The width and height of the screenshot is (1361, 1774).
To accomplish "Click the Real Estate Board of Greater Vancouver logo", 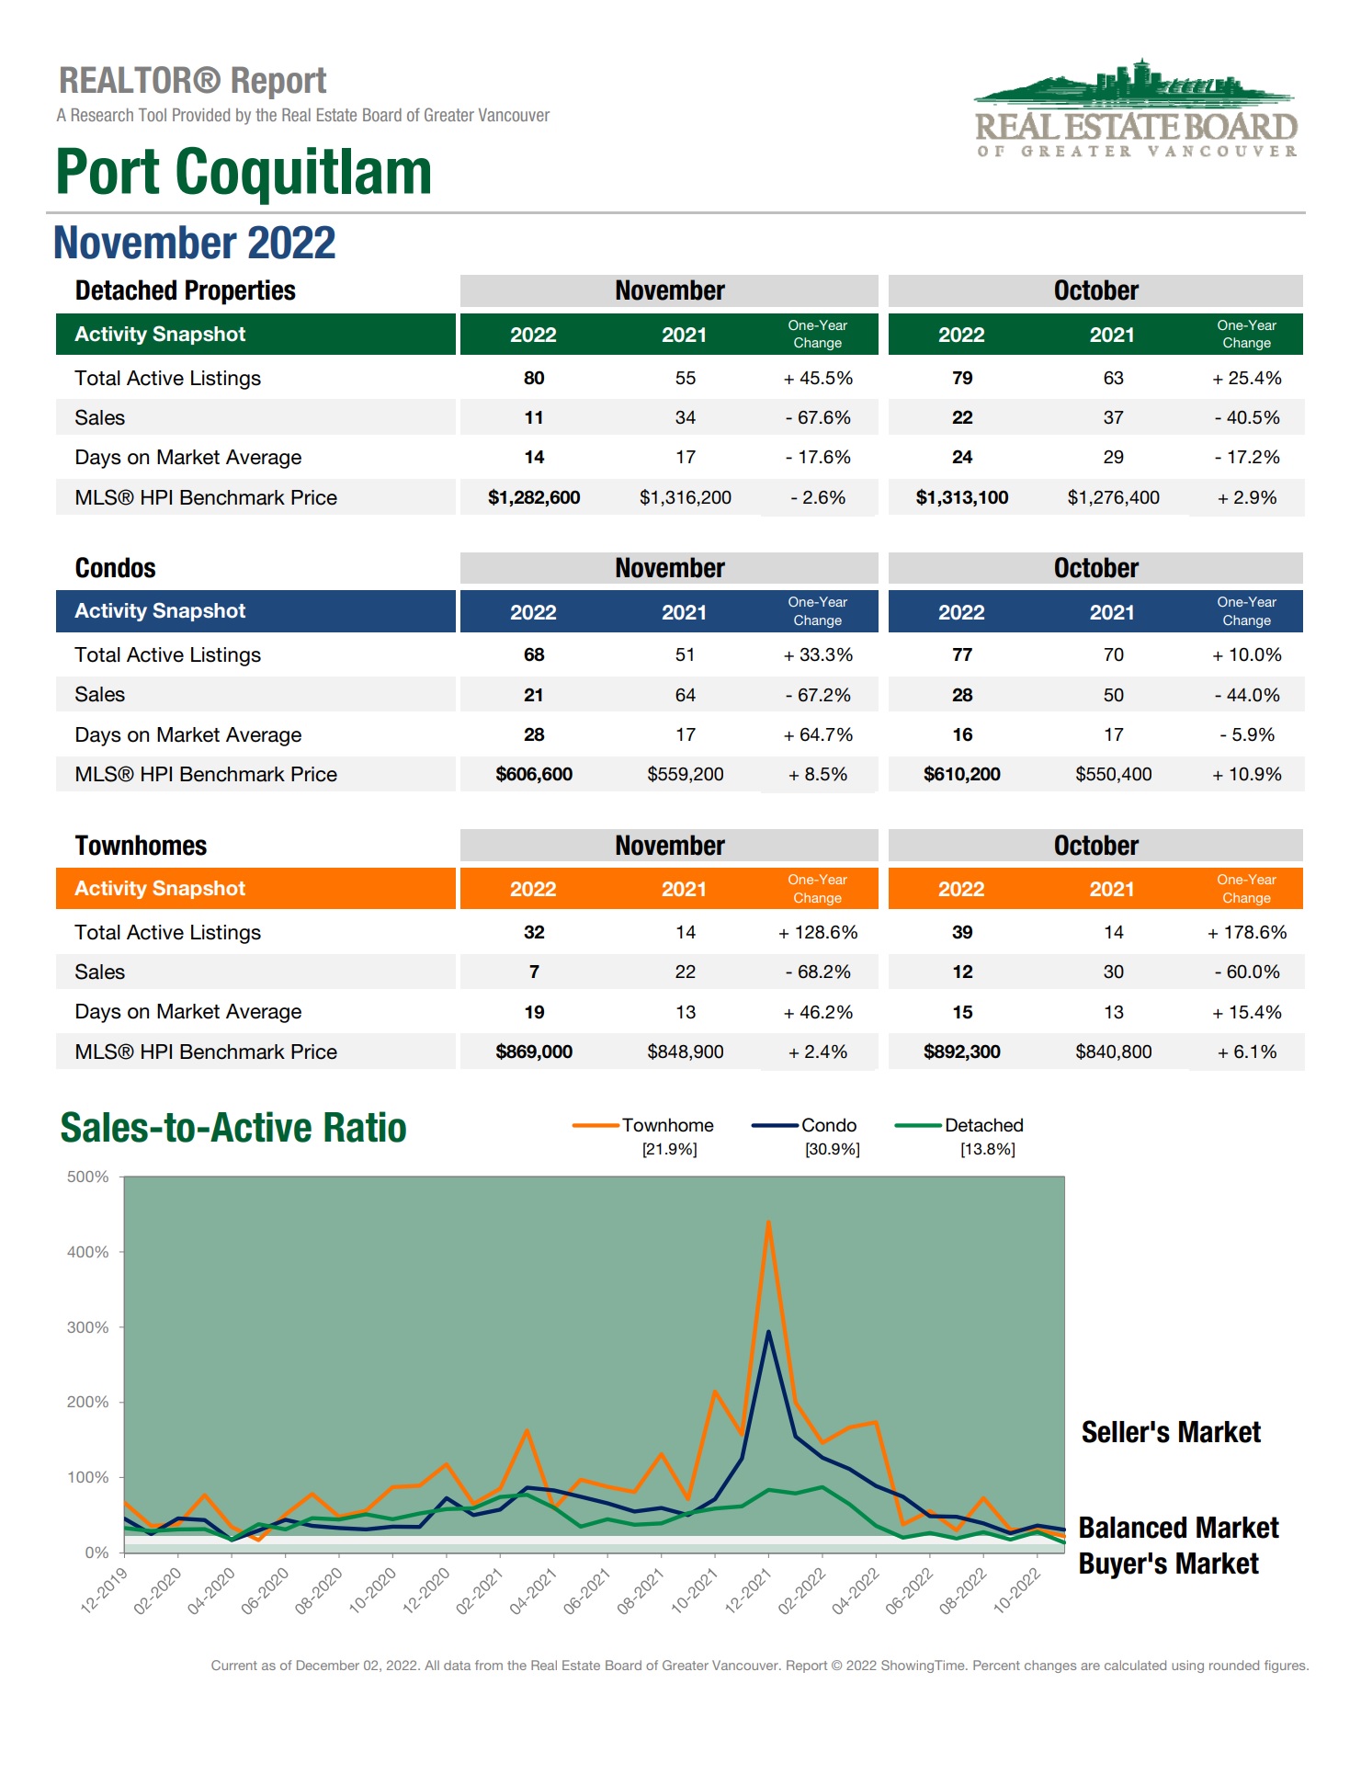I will click(x=1136, y=110).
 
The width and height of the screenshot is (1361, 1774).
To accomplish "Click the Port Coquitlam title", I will click(x=244, y=172).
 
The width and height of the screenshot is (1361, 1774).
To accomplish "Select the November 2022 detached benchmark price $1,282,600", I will click(x=534, y=497).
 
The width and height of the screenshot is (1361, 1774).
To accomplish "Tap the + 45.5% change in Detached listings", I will click(x=818, y=378).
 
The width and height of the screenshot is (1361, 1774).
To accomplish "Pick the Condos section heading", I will click(x=116, y=568).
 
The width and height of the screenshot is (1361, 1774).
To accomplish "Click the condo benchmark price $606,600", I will click(x=534, y=774).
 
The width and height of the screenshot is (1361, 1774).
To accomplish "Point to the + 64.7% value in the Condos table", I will click(x=818, y=734).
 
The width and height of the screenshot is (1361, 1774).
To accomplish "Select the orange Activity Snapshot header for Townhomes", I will click(x=255, y=889).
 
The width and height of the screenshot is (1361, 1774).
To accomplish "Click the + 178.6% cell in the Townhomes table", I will click(x=1247, y=932).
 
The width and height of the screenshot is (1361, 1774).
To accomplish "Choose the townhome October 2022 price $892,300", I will click(x=962, y=1052).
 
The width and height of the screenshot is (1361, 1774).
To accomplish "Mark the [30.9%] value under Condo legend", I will click(x=832, y=1149).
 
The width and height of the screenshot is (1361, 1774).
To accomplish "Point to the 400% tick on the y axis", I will click(x=88, y=1252).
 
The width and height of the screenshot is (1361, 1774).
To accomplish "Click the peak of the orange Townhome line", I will click(x=768, y=1222).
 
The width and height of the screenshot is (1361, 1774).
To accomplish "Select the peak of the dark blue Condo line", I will click(x=768, y=1332).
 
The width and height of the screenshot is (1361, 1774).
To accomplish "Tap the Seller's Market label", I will click(x=1171, y=1432).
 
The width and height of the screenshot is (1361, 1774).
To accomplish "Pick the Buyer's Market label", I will click(x=1168, y=1564).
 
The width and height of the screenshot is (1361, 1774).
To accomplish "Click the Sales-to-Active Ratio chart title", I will click(x=233, y=1128).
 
